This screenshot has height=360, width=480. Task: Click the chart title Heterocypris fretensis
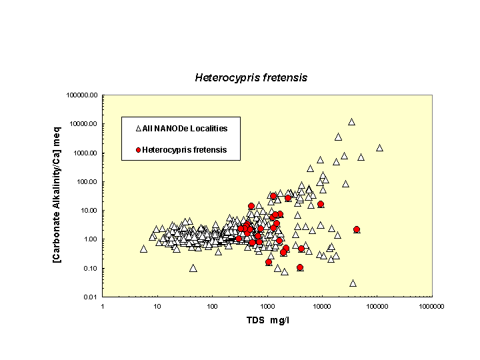click(251, 77)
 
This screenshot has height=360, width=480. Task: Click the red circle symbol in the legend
click(139, 150)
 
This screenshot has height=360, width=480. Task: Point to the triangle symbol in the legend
click(139, 128)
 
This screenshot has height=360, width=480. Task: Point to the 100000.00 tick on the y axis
click(83, 95)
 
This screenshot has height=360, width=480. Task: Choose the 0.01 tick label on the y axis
click(91, 297)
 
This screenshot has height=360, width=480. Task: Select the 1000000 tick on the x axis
click(431, 306)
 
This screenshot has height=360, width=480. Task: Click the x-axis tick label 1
click(102, 306)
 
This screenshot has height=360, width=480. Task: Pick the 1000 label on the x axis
click(267, 306)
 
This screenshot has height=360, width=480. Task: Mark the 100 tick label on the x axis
click(212, 306)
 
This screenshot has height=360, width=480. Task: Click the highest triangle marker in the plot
click(351, 122)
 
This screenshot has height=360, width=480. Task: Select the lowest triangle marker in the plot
click(353, 283)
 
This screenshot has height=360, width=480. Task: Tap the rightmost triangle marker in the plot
click(379, 148)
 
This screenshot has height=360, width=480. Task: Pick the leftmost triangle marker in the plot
click(143, 249)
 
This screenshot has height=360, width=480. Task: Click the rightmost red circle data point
click(357, 229)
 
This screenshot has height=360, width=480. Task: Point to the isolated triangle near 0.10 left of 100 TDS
click(193, 268)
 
